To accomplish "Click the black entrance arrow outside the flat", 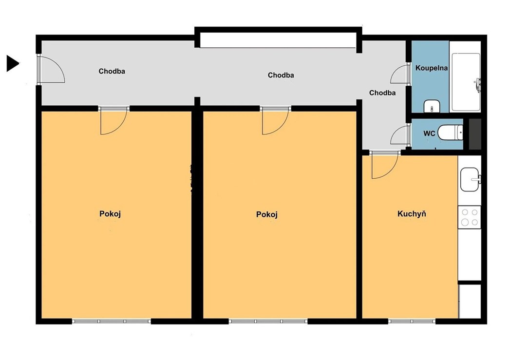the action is click(12, 63).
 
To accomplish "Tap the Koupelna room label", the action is click(432, 68).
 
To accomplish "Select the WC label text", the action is click(429, 133).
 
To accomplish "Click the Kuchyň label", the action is click(412, 214).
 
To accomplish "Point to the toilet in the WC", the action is click(450, 133).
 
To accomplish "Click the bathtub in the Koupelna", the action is click(466, 82).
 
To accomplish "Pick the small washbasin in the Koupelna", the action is click(432, 106).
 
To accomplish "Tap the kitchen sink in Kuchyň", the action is click(470, 179).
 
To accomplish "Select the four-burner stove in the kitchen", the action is click(470, 217).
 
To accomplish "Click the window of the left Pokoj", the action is click(112, 322).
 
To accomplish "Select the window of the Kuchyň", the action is click(412, 322).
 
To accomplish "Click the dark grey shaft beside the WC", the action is click(475, 134).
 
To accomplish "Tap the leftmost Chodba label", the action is click(112, 72).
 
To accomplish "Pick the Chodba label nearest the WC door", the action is click(382, 93).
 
